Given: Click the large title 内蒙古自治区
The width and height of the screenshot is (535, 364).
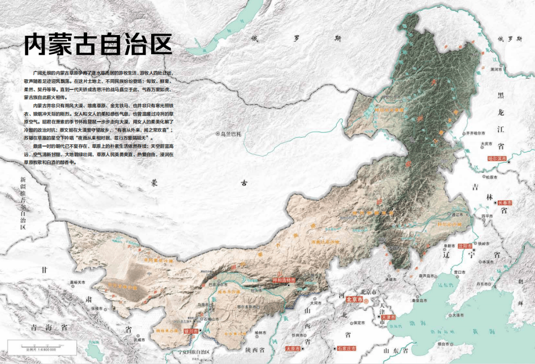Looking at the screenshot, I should coord(98,45).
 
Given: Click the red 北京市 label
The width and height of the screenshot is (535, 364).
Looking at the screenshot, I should coord(355,300).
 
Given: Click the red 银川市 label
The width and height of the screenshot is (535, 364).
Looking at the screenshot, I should coord(191,331).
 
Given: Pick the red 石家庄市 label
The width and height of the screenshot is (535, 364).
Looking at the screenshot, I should coord(347,349).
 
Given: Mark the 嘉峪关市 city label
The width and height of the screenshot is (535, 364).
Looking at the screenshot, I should coord(78,281).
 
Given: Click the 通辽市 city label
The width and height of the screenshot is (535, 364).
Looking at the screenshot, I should coord(460,215).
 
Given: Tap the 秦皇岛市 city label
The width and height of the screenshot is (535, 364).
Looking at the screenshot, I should coord(421,300).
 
